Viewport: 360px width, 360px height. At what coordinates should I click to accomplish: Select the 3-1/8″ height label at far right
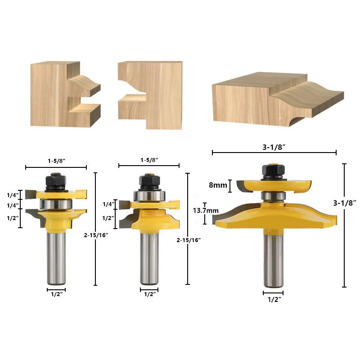click(346, 203)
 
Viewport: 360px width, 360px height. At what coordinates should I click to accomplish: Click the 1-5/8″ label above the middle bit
click(149, 160)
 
